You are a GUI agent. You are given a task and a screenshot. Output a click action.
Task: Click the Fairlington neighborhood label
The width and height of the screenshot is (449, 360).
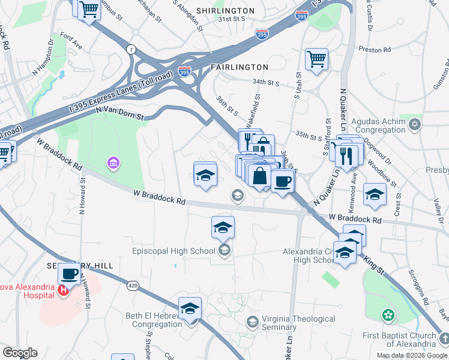239,67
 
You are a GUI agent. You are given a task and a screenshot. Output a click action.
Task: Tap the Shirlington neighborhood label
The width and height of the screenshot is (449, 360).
225,11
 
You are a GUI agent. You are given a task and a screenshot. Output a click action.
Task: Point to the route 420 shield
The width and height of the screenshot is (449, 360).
133,286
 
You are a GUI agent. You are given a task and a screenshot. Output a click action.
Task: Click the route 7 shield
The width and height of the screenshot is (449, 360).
130,49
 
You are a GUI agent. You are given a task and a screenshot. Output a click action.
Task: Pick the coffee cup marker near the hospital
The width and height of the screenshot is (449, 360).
70,274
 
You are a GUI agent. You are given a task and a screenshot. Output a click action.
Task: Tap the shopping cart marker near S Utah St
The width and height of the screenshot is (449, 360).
316,59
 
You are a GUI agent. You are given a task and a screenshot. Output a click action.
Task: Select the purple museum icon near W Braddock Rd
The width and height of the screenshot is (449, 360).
112,162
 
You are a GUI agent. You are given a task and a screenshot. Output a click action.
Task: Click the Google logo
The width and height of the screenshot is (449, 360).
20,353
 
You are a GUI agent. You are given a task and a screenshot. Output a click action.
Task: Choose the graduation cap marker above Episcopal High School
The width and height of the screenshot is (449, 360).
222,227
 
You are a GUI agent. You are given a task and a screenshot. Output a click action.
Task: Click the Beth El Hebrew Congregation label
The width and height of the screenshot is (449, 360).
153,320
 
